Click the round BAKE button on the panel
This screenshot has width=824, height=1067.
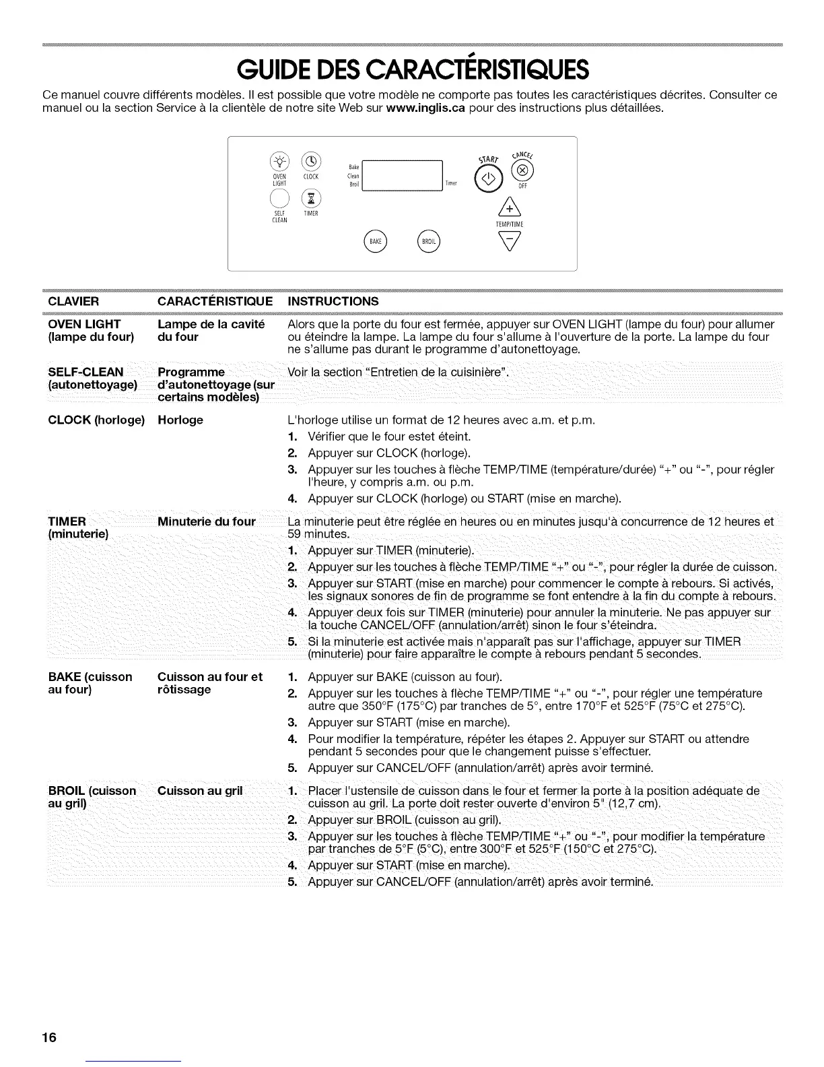pyautogui.click(x=375, y=241)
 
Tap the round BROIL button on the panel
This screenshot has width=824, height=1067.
pyautogui.click(x=429, y=241)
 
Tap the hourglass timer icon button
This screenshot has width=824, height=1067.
pyautogui.click(x=310, y=198)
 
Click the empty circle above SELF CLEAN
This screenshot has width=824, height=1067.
pyautogui.click(x=279, y=198)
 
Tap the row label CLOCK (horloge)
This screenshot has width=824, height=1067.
pyautogui.click(x=96, y=420)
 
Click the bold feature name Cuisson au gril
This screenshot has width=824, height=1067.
pyautogui.click(x=199, y=791)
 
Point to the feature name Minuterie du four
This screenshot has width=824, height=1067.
pyautogui.click(x=206, y=521)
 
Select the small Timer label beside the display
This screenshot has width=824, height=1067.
pyautogui.click(x=451, y=183)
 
